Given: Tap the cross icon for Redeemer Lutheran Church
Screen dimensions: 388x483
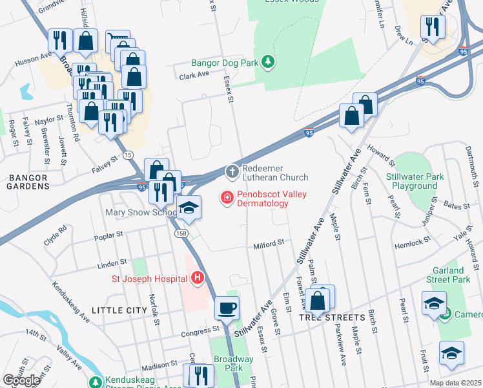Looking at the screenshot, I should (x=232, y=172).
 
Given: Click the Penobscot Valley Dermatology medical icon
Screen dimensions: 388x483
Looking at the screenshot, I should (x=227, y=198).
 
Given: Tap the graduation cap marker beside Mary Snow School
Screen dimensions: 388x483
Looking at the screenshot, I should (x=189, y=208).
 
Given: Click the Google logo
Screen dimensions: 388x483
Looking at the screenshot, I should (x=21, y=380).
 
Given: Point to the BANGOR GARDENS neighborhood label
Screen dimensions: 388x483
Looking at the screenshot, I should (x=28, y=182).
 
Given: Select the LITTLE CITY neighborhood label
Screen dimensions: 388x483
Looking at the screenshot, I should (x=119, y=310).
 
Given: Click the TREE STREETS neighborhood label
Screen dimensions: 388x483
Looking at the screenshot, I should (x=332, y=318).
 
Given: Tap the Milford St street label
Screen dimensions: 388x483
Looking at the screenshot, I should (x=269, y=244).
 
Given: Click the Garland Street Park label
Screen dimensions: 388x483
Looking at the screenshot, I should (x=448, y=275).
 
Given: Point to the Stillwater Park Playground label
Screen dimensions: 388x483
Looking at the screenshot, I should (x=411, y=181).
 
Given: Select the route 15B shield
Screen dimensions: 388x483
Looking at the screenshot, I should (x=183, y=233).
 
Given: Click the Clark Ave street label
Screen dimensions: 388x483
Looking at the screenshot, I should (x=194, y=75).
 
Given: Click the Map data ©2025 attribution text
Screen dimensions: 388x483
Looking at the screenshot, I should (x=456, y=383).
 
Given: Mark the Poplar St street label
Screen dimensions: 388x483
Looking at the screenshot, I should (x=108, y=236).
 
